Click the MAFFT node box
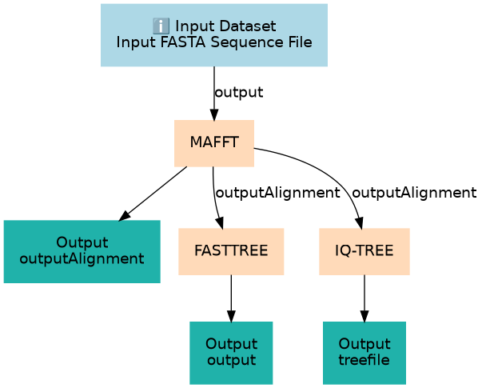tap(214, 143)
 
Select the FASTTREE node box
tap(231, 251)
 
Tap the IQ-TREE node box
tap(364, 251)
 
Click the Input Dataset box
tap(214, 35)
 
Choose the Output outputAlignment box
tap(82, 251)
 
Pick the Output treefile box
tap(364, 353)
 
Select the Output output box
tap(231, 353)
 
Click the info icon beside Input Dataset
tap(161, 26)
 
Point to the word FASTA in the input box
tap(183, 42)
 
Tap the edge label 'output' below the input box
tap(239, 92)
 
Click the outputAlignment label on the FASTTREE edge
tap(278, 193)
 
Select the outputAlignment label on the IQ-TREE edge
tap(414, 193)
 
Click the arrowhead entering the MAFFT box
tap(214, 114)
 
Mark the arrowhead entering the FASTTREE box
tap(220, 222)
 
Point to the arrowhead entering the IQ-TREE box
tap(360, 222)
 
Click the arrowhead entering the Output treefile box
tap(364, 316)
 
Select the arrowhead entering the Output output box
tap(231, 316)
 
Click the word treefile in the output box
tap(364, 360)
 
